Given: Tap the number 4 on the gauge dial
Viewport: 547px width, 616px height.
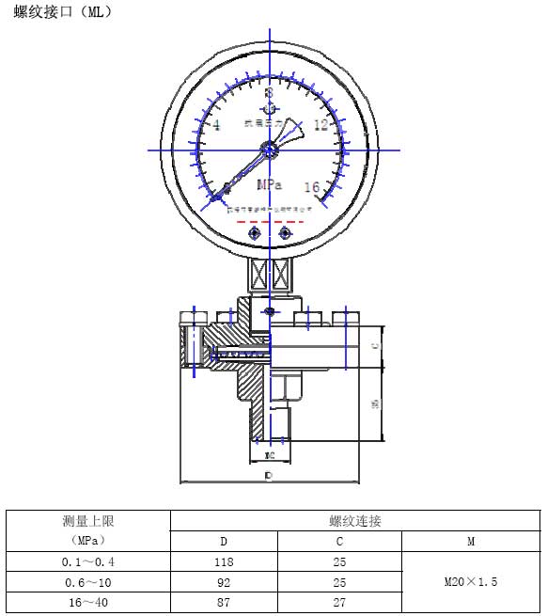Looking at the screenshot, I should (216, 126).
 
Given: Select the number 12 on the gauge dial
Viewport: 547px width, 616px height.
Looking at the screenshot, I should (321, 125).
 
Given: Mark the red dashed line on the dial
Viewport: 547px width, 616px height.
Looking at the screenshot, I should (271, 221).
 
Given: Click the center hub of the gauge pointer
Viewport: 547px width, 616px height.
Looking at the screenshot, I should (270, 148).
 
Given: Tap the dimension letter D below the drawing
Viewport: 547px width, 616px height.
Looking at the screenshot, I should (269, 477).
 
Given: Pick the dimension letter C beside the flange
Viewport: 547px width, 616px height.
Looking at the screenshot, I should (375, 347).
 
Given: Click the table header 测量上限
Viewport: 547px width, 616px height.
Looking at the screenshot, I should (87, 521).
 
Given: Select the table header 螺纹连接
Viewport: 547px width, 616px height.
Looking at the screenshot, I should (354, 521).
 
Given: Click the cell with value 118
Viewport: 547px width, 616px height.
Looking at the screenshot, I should (223, 561).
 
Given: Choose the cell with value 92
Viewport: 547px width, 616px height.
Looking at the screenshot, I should (223, 582).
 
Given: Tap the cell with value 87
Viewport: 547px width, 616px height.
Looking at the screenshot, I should (223, 603).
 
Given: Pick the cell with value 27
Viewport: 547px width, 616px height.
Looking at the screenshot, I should (339, 603).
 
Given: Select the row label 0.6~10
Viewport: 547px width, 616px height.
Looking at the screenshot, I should (87, 582).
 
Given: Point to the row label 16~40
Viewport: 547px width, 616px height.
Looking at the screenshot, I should (87, 603).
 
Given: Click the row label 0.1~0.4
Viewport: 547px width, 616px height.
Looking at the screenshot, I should (87, 561).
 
